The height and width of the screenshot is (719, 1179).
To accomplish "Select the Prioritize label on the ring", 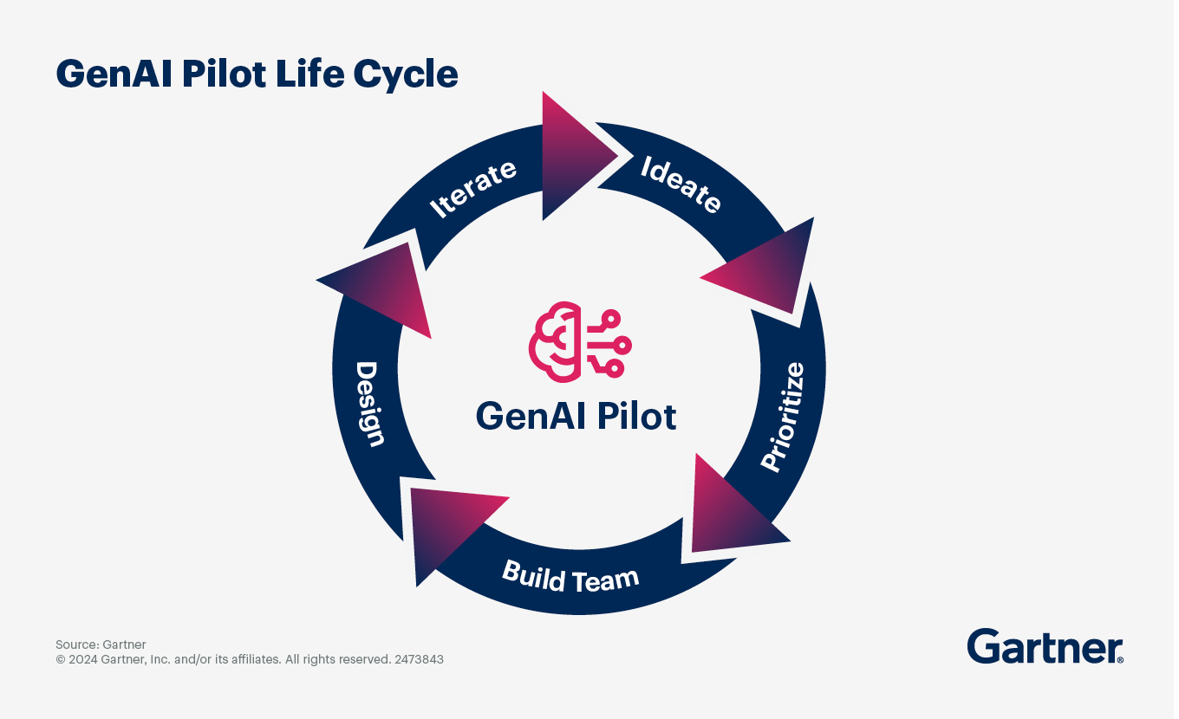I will click(784, 418).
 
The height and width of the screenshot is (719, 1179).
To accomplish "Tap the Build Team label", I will click(570, 576).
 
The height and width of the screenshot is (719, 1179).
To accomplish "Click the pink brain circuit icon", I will click(576, 342).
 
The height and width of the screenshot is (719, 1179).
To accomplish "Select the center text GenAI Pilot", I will click(576, 416).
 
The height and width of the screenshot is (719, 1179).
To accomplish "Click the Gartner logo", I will click(1044, 647).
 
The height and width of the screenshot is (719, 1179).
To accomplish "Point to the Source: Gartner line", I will click(101, 645).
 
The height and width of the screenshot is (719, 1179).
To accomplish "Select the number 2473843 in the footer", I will click(419, 659).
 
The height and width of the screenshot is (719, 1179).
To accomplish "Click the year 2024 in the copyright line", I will click(83, 659).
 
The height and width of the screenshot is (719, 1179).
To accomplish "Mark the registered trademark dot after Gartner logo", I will click(1121, 660).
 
